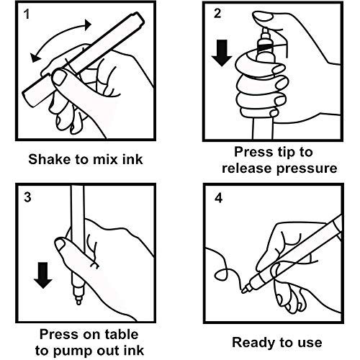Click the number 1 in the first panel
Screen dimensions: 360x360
(27, 14)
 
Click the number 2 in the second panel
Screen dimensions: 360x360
(217, 13)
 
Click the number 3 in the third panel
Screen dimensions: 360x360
(27, 197)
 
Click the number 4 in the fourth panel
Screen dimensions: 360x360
(218, 198)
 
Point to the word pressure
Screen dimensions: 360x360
(307, 168)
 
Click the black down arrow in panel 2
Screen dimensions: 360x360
(222, 53)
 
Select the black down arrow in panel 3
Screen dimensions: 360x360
(43, 275)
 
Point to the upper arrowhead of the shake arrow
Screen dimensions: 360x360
(88, 24)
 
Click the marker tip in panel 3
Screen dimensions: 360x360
(78, 301)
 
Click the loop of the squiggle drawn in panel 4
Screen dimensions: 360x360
(221, 274)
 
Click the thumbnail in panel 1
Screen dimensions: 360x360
(58, 77)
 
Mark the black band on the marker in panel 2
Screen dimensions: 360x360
(265, 48)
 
